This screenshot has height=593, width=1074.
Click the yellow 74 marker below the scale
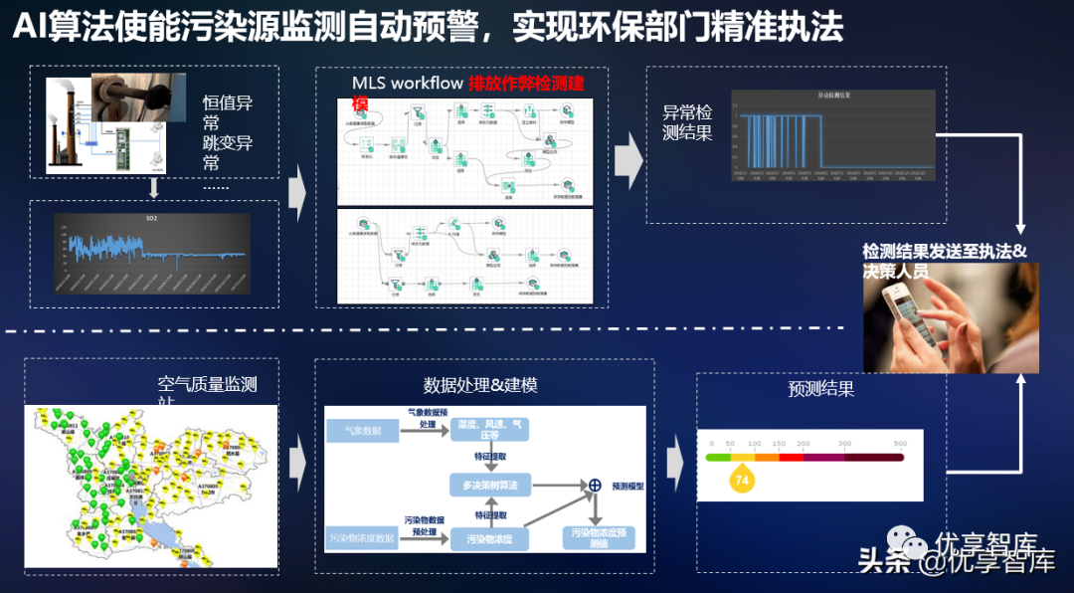(x=740, y=481)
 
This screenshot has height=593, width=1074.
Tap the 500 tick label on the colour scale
(x=900, y=443)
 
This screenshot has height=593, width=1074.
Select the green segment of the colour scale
(x=718, y=458)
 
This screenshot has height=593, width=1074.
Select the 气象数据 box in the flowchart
(x=361, y=431)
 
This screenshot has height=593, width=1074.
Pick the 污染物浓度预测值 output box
(x=599, y=538)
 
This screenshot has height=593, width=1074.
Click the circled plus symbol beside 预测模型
(x=595, y=485)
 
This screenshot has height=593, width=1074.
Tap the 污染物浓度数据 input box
(x=362, y=538)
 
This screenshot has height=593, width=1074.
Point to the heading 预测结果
(x=820, y=389)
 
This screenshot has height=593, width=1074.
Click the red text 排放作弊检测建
(x=526, y=83)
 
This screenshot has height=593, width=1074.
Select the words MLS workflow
(x=407, y=83)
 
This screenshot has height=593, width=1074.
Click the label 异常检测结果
(x=687, y=122)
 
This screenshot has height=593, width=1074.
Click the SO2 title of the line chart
(x=152, y=217)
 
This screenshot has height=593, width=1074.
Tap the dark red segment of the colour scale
(x=873, y=458)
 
